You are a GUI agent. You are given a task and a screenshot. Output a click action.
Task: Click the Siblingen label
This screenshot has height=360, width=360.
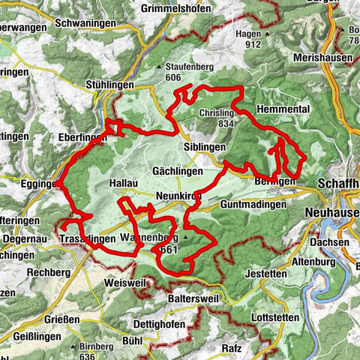click(205, 147)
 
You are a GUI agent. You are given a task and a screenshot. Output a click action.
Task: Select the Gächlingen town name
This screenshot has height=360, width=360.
click(177, 171)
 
